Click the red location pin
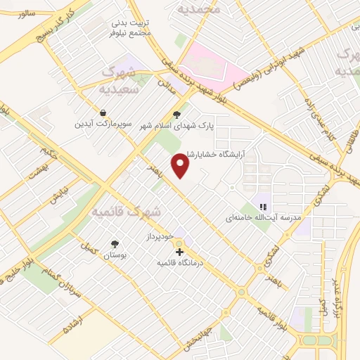click(x=181, y=165)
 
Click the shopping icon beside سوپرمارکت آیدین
click(x=103, y=112)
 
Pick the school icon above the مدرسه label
click(x=262, y=207)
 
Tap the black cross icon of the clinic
click(x=180, y=251)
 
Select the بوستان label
click(x=113, y=256)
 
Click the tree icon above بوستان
click(x=114, y=245)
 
